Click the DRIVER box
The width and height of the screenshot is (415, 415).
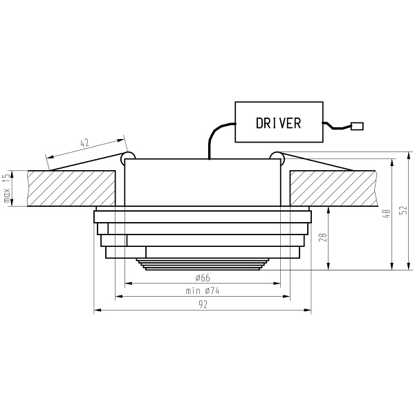[x=279, y=122]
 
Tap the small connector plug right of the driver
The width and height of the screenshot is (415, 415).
[x=358, y=126]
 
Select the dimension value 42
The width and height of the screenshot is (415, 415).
[x=85, y=143]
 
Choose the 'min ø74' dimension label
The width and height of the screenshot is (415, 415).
[x=203, y=291]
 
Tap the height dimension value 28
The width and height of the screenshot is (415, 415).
[x=322, y=238]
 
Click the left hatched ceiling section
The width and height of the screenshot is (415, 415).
[x=69, y=188]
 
